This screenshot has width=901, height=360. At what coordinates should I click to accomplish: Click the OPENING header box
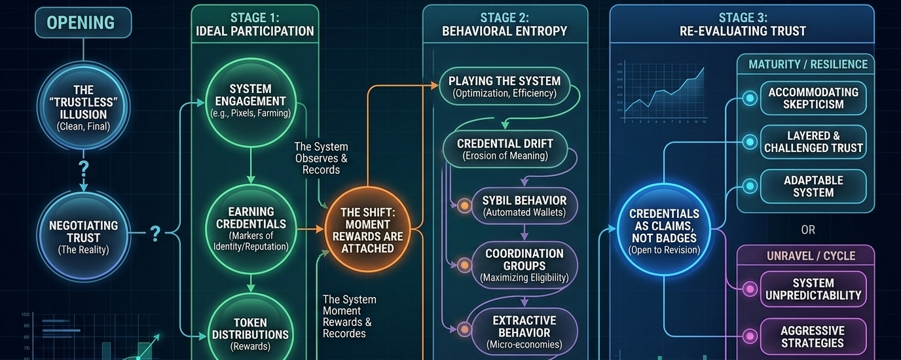pyautogui.click(x=81, y=23)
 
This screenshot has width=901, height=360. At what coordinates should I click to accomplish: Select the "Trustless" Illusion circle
pyautogui.click(x=84, y=108)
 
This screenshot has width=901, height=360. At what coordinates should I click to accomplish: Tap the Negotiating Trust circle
pyautogui.click(x=84, y=236)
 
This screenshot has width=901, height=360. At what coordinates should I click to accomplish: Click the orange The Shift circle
pyautogui.click(x=367, y=230)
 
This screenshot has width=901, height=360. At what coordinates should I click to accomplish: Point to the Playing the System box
pyautogui.click(x=504, y=87)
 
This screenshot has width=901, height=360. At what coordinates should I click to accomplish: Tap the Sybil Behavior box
pyautogui.click(x=524, y=206)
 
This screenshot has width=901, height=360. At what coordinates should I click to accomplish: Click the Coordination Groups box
pyautogui.click(x=524, y=264)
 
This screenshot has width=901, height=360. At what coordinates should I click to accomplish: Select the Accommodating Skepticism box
pyautogui.click(x=813, y=98)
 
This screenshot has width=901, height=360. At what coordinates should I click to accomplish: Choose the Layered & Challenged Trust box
pyautogui.click(x=813, y=142)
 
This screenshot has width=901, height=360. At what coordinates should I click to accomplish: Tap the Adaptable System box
pyautogui.click(x=813, y=187)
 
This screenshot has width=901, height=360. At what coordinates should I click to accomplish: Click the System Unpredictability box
pyautogui.click(x=813, y=289)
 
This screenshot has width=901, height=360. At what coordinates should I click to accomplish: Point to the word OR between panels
pyautogui.click(x=808, y=230)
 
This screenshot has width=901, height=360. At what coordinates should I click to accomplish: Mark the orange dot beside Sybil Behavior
pyautogui.click(x=464, y=206)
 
